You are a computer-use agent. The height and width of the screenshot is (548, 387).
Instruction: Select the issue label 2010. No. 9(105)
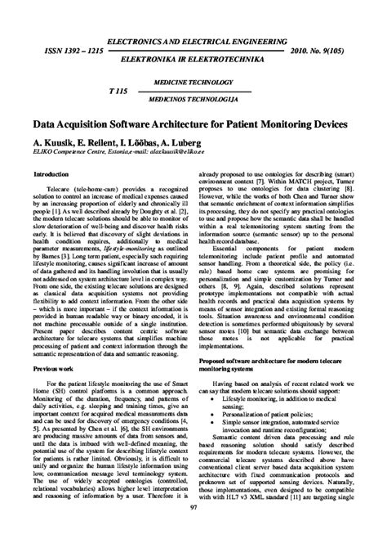coord(327,50)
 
